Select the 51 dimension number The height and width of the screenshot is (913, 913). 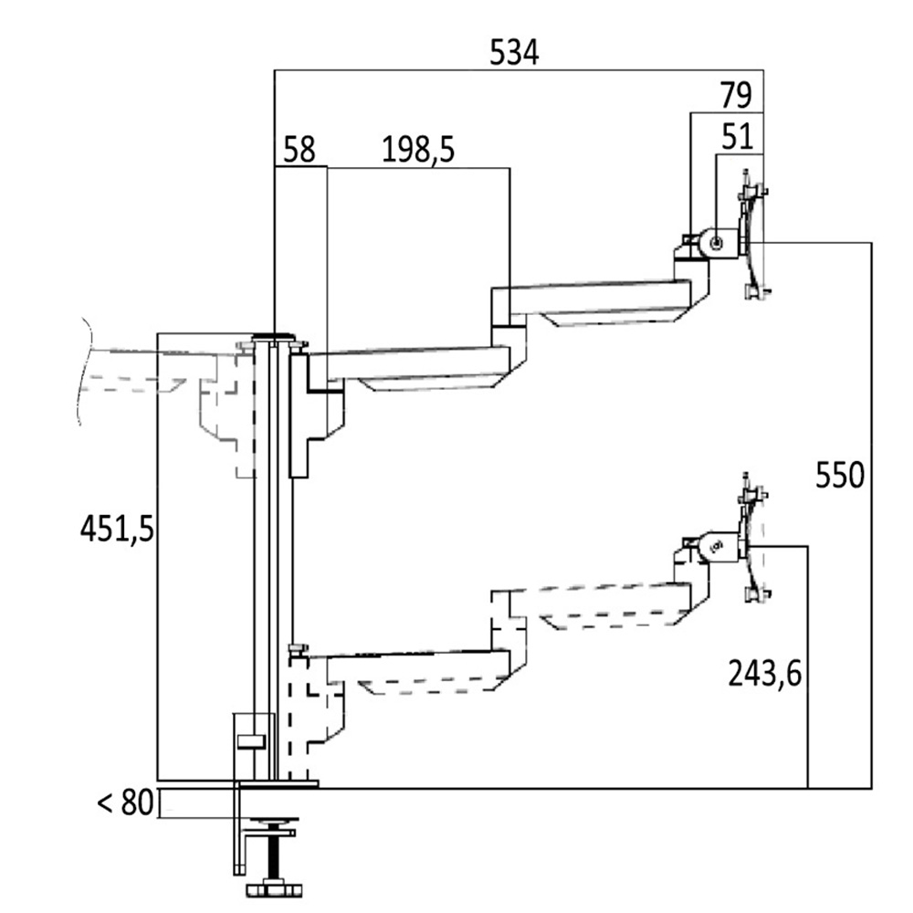(x=736, y=136)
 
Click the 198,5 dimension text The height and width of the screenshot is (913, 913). (x=419, y=150)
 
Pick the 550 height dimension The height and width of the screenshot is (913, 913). (x=838, y=476)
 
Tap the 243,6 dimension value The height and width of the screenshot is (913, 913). (x=764, y=674)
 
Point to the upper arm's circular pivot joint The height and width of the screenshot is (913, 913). (x=716, y=243)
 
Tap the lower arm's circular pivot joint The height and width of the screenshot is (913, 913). (x=716, y=546)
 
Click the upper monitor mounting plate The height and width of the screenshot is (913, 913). (x=753, y=239)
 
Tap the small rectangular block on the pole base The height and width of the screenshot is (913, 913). (x=249, y=740)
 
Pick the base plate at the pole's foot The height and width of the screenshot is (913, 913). (x=276, y=783)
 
